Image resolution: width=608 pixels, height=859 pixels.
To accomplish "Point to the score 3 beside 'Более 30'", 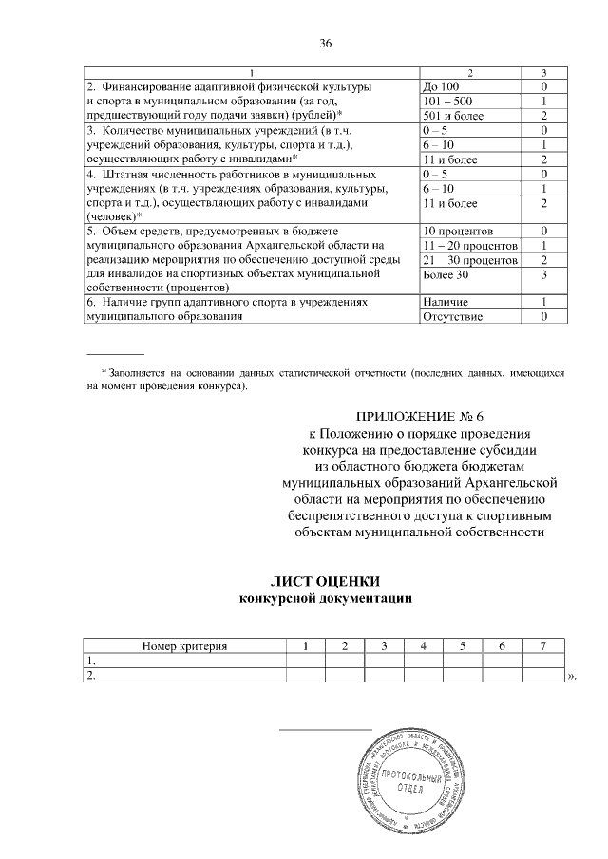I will point(541,273).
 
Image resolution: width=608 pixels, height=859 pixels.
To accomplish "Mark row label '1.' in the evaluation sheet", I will point(91,661).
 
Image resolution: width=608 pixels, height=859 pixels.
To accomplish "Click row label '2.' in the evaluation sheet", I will point(91,675).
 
